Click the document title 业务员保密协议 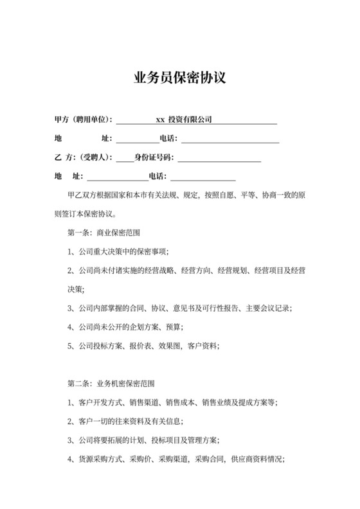click(x=179, y=78)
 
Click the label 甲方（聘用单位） click(x=84, y=120)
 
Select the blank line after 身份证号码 click(x=219, y=157)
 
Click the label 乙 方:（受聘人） click(x=84, y=157)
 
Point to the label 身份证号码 click(x=154, y=157)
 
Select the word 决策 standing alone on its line click(x=75, y=289)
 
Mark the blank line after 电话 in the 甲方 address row click(x=231, y=138)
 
